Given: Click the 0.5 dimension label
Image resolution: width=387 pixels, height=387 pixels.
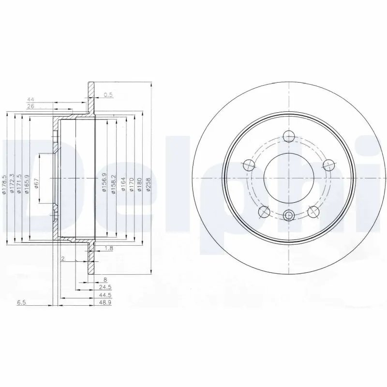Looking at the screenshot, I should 108,95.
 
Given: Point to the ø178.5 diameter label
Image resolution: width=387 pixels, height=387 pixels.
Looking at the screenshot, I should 4,185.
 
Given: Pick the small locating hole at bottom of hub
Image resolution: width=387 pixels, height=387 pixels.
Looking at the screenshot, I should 289,216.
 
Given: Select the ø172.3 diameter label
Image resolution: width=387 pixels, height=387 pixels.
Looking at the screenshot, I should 12,185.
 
